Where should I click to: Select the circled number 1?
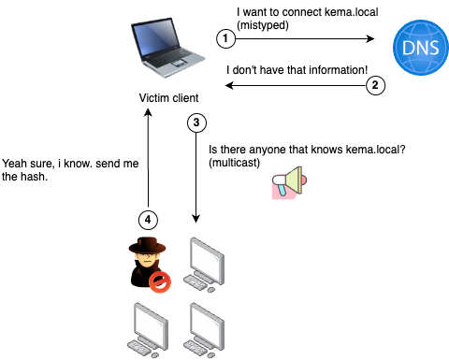224,38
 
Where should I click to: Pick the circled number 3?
196,122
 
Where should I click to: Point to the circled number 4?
146,220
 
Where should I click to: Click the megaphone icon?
288,183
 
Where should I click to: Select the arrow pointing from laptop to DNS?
299,39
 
